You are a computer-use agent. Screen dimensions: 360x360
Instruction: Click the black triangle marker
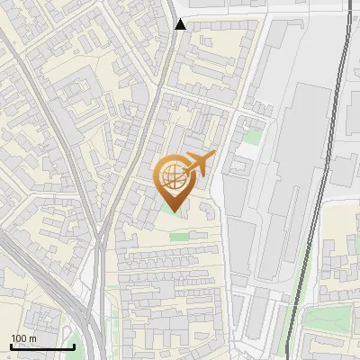181,24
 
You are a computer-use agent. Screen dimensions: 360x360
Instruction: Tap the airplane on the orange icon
200,165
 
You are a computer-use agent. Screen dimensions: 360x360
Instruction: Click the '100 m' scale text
24,338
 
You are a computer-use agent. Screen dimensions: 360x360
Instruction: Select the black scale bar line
42,346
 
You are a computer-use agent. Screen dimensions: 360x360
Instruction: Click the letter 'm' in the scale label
32,338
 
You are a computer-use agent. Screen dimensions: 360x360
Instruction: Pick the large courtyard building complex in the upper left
85,99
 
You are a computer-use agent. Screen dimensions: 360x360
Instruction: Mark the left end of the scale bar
11,346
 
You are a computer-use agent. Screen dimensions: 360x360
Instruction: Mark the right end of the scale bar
74,346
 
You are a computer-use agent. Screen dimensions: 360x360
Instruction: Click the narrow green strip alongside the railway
290,315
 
